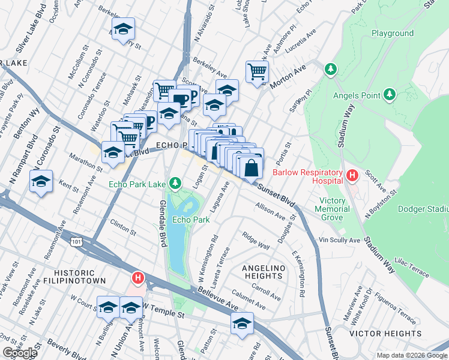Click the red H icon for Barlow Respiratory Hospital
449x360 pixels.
tap(352, 176)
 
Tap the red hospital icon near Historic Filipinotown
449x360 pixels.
tap(138, 278)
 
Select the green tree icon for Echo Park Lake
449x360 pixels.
tap(175, 182)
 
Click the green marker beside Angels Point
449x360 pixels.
tap(390, 94)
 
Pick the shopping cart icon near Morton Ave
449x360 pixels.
tap(257, 73)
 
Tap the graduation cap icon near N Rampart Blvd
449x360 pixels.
tap(41, 181)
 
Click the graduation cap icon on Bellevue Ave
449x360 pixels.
tap(241, 323)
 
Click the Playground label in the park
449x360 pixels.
tap(393, 34)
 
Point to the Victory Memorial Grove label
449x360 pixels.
tap(333, 209)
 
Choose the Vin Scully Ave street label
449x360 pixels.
tap(339, 240)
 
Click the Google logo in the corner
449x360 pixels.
tap(20, 353)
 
